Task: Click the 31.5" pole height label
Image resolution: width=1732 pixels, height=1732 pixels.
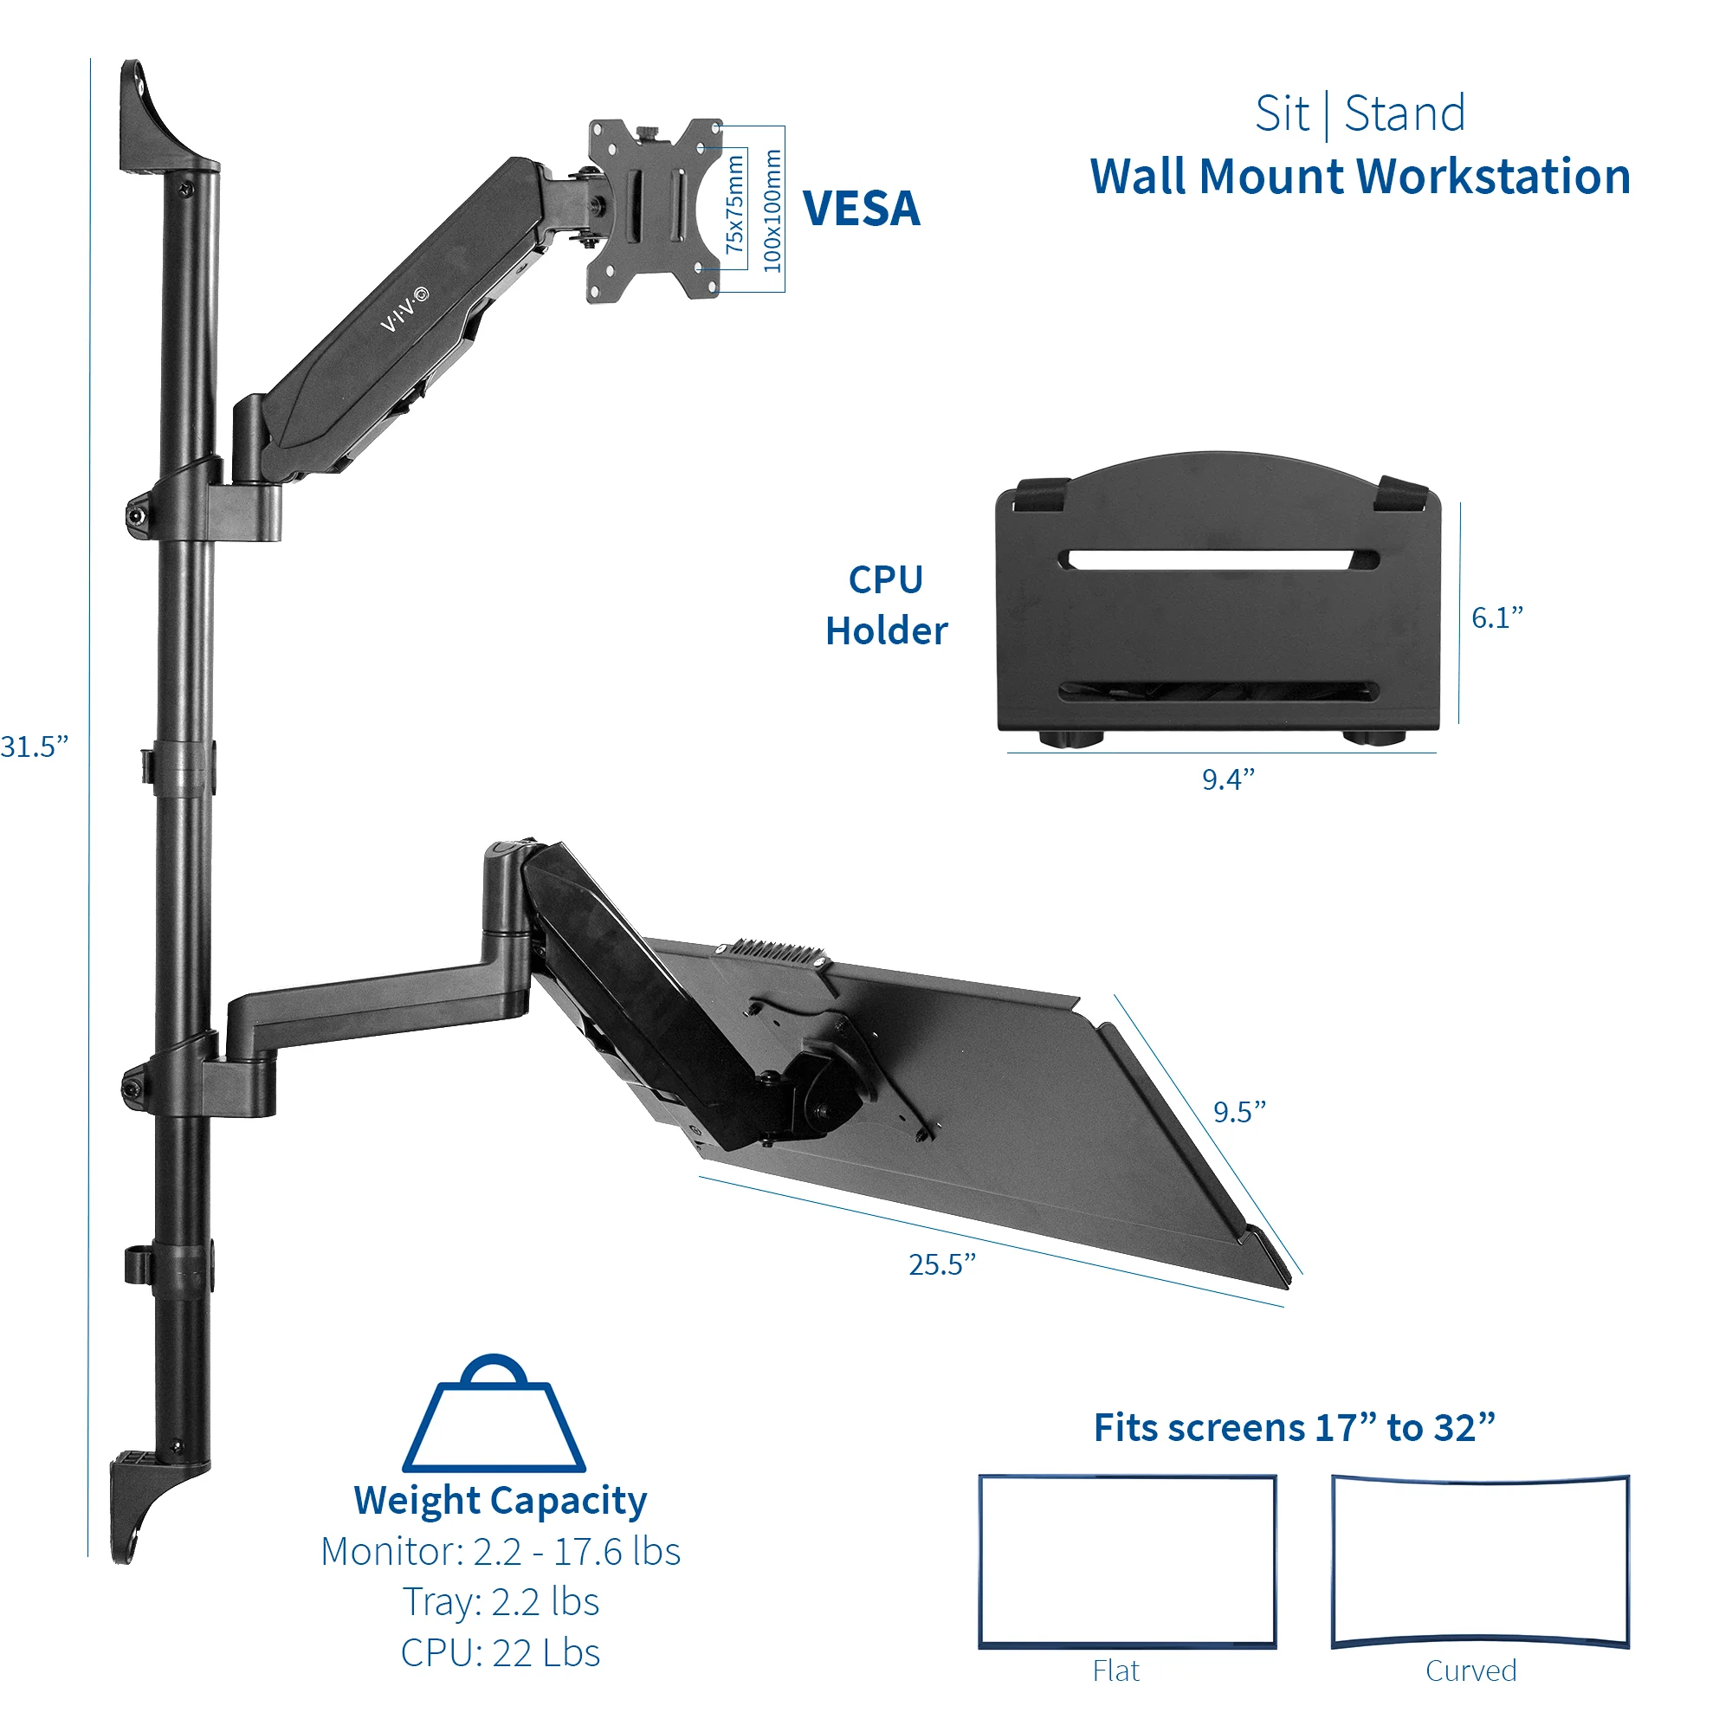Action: coord(34,746)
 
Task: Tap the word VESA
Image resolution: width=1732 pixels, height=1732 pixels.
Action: coord(861,209)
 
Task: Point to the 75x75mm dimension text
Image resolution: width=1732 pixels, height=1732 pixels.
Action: coord(734,204)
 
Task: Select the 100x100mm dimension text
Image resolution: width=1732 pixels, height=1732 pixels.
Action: coord(772,210)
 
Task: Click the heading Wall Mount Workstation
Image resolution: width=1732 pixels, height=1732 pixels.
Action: coord(1359,176)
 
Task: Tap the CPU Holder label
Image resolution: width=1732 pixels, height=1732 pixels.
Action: coord(886,605)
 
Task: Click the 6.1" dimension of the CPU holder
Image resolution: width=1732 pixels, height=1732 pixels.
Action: coord(1496,617)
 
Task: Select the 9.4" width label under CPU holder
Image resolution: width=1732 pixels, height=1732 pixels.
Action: coord(1227,779)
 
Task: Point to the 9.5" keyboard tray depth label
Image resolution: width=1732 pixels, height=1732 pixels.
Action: coord(1239,1112)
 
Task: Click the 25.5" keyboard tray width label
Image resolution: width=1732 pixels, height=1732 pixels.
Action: coord(941,1264)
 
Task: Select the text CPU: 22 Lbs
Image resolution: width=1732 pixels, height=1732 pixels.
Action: coord(501,1653)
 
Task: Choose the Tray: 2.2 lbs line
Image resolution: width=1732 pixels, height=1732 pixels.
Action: coord(501,1602)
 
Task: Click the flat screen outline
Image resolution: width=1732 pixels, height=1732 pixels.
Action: coord(1127,1561)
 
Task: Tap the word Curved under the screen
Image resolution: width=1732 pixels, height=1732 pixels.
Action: coord(1470,1671)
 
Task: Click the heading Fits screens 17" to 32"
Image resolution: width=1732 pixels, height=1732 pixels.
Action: coord(1294,1427)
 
